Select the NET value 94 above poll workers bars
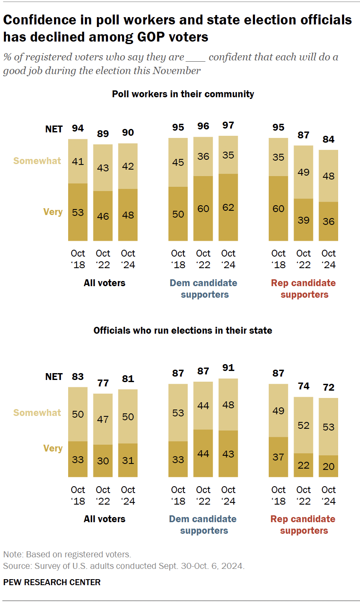(78, 129)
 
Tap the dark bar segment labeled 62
(228, 207)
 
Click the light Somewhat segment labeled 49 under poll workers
(303, 172)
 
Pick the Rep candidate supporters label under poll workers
(303, 289)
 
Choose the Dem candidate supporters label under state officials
(203, 525)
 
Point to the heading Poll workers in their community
(183, 94)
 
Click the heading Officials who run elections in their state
(183, 330)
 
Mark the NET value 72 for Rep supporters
(329, 388)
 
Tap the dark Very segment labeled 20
(329, 466)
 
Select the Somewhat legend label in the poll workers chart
(37, 161)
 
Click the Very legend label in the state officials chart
(53, 448)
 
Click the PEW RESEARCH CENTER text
(52, 582)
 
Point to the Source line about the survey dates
(123, 566)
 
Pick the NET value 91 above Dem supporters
(228, 368)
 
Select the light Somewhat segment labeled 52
(303, 425)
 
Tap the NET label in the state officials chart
(54, 377)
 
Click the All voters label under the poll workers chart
(105, 283)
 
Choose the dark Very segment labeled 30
(103, 460)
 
